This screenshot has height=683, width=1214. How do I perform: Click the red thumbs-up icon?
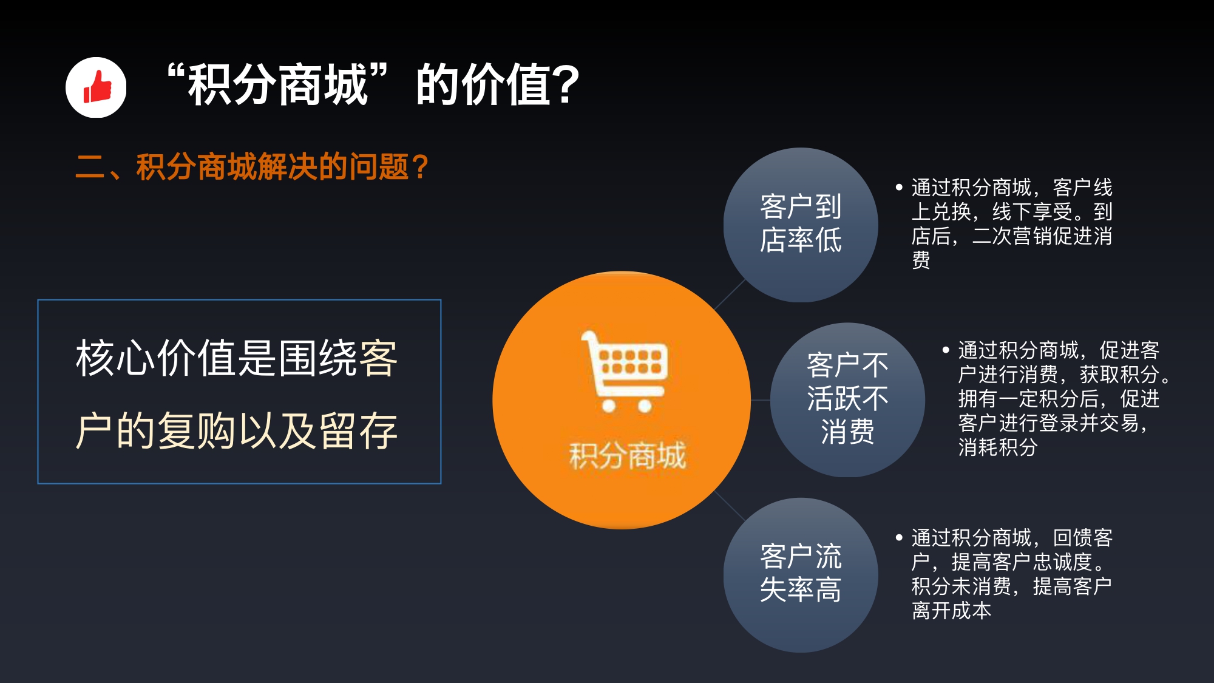(x=97, y=87)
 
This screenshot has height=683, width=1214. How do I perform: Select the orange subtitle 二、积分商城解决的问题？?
(x=252, y=167)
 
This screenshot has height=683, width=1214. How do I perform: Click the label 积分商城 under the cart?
(x=627, y=456)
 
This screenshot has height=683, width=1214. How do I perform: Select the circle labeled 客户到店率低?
(x=801, y=225)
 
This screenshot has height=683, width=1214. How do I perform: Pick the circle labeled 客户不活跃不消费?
(x=847, y=399)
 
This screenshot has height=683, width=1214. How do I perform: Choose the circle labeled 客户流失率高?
(x=801, y=575)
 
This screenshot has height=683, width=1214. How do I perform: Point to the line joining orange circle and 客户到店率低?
(x=730, y=295)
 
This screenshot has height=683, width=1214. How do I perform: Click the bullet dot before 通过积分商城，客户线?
(x=899, y=188)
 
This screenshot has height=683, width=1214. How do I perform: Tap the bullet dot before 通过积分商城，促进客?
(x=946, y=350)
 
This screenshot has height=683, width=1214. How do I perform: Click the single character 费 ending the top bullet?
(x=921, y=260)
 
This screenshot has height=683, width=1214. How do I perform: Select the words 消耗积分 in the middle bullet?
(x=998, y=447)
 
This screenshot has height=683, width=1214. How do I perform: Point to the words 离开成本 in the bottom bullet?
(x=951, y=610)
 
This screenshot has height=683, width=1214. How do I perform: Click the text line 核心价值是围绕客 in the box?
(x=237, y=358)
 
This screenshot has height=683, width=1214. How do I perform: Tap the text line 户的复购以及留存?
(x=237, y=430)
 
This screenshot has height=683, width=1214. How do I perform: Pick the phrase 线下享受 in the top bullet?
(x=1033, y=212)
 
